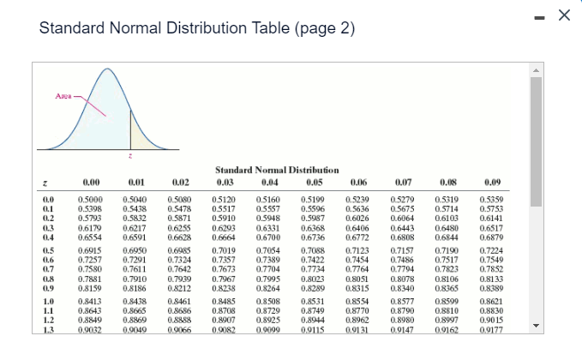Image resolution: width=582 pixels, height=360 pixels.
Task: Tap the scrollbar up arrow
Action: tap(537, 69)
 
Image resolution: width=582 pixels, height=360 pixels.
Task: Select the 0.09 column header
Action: tap(491, 182)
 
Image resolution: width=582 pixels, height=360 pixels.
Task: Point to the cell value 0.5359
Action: tap(491, 199)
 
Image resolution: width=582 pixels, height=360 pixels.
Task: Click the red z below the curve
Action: tap(129, 155)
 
